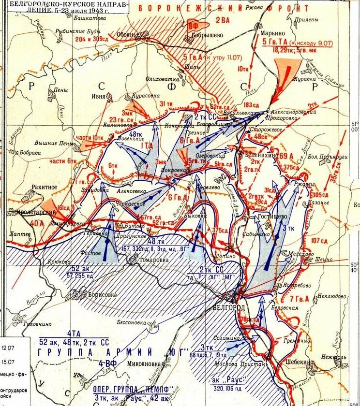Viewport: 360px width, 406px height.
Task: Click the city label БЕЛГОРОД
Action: point(229,308)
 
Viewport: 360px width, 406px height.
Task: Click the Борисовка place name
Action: point(102,293)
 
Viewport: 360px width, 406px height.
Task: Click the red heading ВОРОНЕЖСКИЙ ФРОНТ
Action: point(222,8)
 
